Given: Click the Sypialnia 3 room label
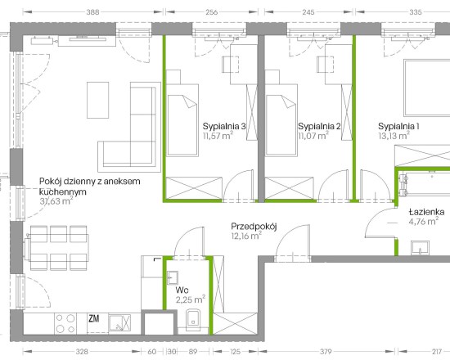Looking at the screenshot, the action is [x=224, y=126].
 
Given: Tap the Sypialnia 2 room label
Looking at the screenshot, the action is [x=319, y=126].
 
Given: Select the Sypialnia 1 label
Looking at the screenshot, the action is [x=398, y=126].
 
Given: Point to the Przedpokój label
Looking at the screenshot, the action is [x=254, y=227].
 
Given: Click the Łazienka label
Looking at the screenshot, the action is [x=427, y=212].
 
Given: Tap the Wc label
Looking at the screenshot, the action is [x=182, y=290].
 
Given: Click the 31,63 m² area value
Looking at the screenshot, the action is [x=56, y=200].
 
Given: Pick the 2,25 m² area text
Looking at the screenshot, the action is [x=191, y=299].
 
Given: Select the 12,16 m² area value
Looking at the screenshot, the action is [x=246, y=236].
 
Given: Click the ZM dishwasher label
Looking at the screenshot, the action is [x=94, y=318].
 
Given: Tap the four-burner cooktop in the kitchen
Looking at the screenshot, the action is [x=65, y=323].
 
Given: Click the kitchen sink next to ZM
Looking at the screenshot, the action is [x=119, y=323].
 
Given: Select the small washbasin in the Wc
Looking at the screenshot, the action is [x=173, y=277].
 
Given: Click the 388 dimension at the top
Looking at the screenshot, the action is [x=92, y=12].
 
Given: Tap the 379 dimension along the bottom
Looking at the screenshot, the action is [x=326, y=351].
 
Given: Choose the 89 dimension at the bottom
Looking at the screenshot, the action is [x=193, y=351].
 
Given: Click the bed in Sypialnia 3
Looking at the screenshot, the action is [x=182, y=120].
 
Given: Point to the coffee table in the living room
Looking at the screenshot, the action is [x=98, y=100].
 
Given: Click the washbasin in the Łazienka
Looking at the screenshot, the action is [x=421, y=248].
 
